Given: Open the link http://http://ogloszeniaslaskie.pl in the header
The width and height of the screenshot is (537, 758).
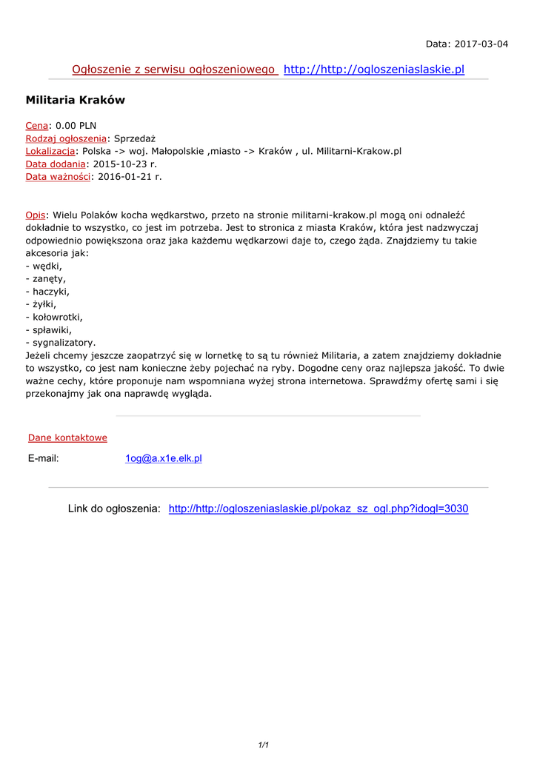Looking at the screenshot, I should pyautogui.click(x=374, y=70).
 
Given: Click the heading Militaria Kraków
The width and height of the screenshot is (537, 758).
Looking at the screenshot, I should pyautogui.click(x=76, y=100).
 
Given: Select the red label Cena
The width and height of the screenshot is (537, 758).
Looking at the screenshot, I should pyautogui.click(x=37, y=126).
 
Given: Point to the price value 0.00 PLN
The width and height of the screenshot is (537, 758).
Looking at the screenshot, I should pyautogui.click(x=76, y=126).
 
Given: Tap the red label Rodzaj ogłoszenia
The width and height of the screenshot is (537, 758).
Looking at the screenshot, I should pyautogui.click(x=66, y=138).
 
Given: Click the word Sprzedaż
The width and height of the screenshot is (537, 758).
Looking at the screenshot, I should pyautogui.click(x=135, y=138).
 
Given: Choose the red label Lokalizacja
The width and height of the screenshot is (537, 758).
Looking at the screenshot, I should pyautogui.click(x=50, y=151).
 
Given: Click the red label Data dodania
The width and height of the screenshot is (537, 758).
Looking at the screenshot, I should pyautogui.click(x=56, y=164).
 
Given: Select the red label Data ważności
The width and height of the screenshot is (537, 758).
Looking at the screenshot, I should pyautogui.click(x=58, y=176).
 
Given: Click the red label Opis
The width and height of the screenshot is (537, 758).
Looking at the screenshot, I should pyautogui.click(x=36, y=215).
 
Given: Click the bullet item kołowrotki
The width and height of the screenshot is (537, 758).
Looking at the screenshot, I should pyautogui.click(x=56, y=317).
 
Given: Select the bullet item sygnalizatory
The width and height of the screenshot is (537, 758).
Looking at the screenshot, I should pyautogui.click(x=63, y=343).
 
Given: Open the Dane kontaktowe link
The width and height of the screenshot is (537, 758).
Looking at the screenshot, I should pyautogui.click(x=67, y=437).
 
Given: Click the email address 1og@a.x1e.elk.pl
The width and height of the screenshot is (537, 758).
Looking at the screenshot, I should pyautogui.click(x=164, y=458).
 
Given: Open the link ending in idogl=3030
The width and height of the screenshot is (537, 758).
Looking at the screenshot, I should pyautogui.click(x=318, y=509).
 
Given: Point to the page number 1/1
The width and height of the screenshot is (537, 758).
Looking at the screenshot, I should pyautogui.click(x=263, y=745).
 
